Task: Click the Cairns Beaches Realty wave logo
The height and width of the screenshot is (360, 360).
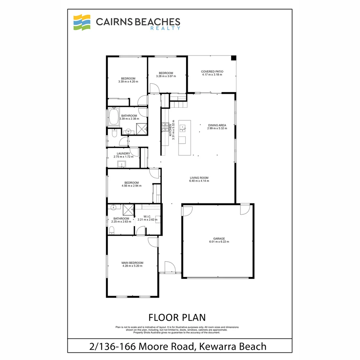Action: click(82, 22)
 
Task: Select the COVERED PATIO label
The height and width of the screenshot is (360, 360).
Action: click(212, 72)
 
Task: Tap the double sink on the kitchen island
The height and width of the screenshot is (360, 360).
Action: click(183, 128)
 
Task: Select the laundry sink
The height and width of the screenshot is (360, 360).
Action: click(121, 164)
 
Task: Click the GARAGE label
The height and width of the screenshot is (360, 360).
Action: click(219, 239)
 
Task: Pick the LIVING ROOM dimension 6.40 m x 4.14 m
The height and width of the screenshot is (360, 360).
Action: click(199, 181)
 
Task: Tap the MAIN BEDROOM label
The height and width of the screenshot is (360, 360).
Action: click(132, 263)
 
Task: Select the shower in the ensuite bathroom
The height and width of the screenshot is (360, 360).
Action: click(128, 210)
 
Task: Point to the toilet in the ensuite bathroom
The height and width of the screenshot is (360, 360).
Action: click(112, 230)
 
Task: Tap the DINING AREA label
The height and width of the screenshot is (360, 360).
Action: click(217, 125)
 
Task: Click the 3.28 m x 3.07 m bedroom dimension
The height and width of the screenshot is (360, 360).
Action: click(166, 76)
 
